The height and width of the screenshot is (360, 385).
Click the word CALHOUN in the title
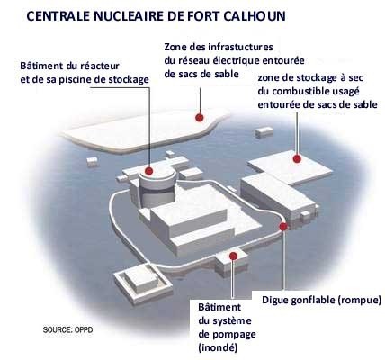[255, 16]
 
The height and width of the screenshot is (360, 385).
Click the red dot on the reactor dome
[149, 171]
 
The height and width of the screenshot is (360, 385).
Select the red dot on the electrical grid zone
[200, 118]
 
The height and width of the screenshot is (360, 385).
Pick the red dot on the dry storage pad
[297, 158]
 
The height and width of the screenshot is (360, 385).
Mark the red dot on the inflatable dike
[283, 226]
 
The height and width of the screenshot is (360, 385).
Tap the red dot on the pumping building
[233, 256]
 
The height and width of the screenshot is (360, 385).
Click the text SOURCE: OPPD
[68, 329]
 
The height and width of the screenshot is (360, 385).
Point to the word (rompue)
[359, 300]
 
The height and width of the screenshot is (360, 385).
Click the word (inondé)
[218, 347]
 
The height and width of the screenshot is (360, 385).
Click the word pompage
[236, 335]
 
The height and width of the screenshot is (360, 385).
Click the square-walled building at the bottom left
[142, 282]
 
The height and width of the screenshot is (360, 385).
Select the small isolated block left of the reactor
[92, 161]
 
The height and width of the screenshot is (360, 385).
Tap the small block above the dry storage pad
[264, 132]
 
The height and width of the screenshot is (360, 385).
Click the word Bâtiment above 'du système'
[219, 307]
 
